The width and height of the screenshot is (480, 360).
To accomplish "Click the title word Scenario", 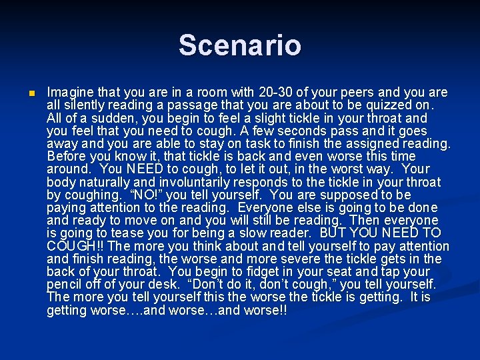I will click(239, 45).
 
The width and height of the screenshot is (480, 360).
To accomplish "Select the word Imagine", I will click(71, 92).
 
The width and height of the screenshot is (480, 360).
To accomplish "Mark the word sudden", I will click(105, 117).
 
